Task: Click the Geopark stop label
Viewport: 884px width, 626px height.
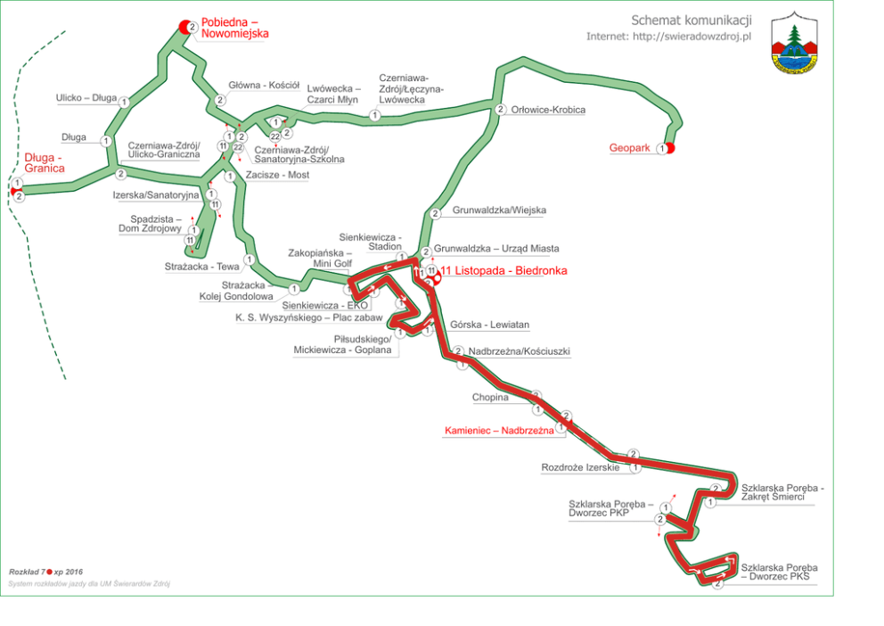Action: (x=629, y=148)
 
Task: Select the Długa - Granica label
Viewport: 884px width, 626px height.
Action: (x=45, y=162)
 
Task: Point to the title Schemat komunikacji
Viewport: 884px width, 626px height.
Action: (x=692, y=20)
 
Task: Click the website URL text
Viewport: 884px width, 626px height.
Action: (x=669, y=37)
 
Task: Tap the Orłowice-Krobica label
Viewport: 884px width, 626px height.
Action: (x=549, y=110)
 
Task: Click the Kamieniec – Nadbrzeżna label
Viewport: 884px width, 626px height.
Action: (x=498, y=430)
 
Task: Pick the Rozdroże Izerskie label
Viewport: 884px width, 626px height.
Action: (x=580, y=467)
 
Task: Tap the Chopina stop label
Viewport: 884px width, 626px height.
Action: (x=490, y=398)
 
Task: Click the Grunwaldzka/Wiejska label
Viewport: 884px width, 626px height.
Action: (x=499, y=210)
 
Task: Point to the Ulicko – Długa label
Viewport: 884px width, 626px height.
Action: (x=86, y=98)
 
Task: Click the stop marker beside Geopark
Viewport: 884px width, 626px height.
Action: (x=663, y=149)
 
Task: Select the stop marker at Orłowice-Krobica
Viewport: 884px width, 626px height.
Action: (x=501, y=110)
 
